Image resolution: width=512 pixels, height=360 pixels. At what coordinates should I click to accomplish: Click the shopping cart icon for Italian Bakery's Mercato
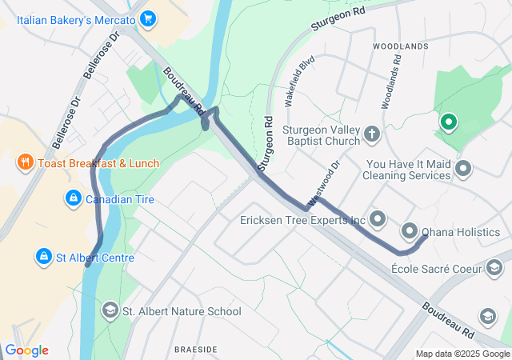[x=147, y=18]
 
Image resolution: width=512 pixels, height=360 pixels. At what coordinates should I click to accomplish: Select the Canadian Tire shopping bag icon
[x=73, y=197]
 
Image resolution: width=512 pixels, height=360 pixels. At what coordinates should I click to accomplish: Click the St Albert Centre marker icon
[x=43, y=258]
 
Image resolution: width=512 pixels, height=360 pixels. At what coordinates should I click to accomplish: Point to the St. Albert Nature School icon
[x=110, y=310]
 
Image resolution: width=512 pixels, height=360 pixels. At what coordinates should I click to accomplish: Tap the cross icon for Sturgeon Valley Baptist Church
[x=371, y=134]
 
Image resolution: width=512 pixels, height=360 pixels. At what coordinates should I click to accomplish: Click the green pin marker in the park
[x=449, y=122]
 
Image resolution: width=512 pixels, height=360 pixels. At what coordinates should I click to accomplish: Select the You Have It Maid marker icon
[x=463, y=169]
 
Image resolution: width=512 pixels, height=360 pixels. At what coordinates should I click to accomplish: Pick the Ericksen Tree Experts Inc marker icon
[x=378, y=218]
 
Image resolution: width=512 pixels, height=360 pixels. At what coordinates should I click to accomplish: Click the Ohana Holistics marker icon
[x=410, y=232]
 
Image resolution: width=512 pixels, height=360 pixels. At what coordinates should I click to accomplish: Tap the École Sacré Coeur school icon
[x=494, y=268]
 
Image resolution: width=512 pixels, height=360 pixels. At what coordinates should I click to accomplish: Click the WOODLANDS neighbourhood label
[x=401, y=47]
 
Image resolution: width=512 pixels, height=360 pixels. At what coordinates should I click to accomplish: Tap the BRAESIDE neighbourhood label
[x=195, y=350]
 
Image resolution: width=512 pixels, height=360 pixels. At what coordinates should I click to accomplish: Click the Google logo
[x=26, y=350]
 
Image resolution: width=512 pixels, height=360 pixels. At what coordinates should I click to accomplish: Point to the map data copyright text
[x=462, y=354]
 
